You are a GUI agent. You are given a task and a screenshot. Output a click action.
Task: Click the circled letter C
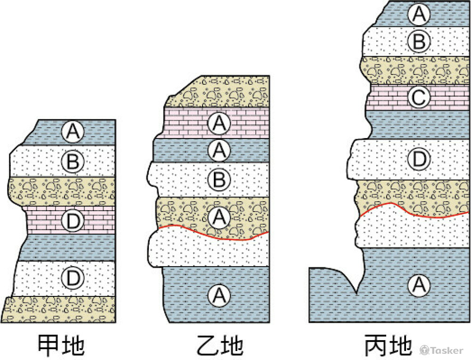tap(418, 98)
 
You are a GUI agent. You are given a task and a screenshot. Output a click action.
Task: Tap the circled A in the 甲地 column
tap(72, 132)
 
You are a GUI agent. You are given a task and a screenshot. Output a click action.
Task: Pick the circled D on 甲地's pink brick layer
tap(72, 220)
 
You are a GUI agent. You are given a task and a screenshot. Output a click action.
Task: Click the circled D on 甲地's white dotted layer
tap(72, 278)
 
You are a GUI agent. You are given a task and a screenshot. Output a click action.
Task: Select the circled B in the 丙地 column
tap(418, 41)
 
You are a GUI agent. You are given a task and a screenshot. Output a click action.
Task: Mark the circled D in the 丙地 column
tap(418, 160)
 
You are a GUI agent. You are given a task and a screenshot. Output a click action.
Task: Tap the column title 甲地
tap(61, 345)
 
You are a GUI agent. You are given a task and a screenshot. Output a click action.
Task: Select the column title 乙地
tap(219, 345)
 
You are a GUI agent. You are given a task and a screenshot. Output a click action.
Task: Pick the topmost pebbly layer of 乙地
tap(221, 94)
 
